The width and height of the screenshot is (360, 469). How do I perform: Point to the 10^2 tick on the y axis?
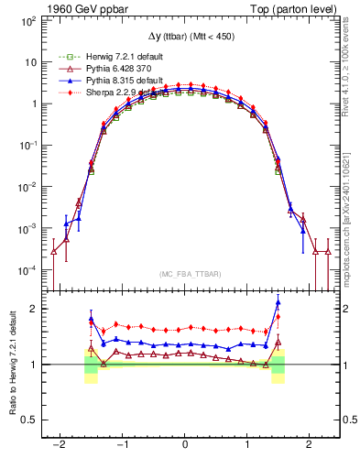[31, 20]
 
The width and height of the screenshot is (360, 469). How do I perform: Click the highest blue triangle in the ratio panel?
[278, 303]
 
